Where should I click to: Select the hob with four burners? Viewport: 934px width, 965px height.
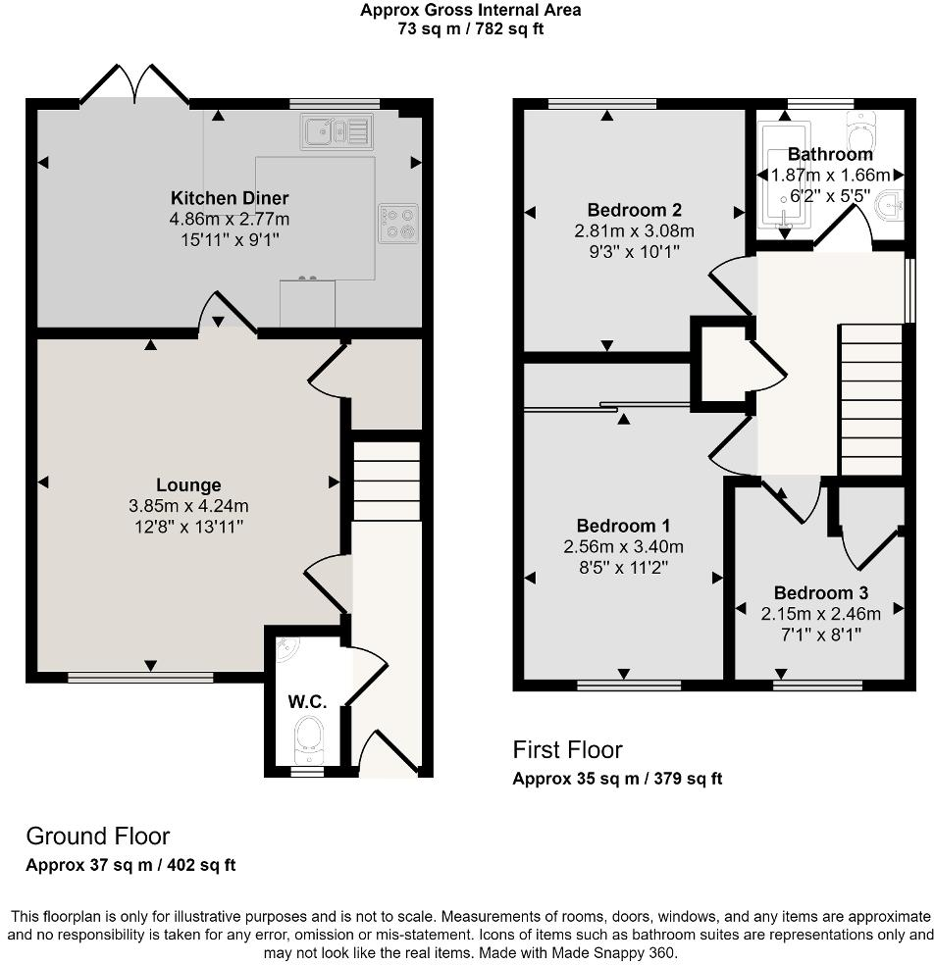[x=398, y=223]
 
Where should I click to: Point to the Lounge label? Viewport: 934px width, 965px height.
[x=188, y=484]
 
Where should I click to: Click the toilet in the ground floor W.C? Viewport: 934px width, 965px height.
[x=309, y=736]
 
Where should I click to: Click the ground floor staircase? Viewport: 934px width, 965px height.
[x=386, y=482]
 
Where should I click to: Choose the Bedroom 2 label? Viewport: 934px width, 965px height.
[x=634, y=210]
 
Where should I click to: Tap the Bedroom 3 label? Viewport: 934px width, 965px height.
[x=820, y=592]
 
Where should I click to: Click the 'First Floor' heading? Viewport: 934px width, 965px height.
[x=567, y=750]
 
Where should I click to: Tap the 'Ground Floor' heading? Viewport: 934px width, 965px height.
[x=97, y=836]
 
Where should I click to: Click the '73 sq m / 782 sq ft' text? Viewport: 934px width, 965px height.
[x=469, y=28]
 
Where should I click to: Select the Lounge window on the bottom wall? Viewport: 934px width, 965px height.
[x=140, y=677]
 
